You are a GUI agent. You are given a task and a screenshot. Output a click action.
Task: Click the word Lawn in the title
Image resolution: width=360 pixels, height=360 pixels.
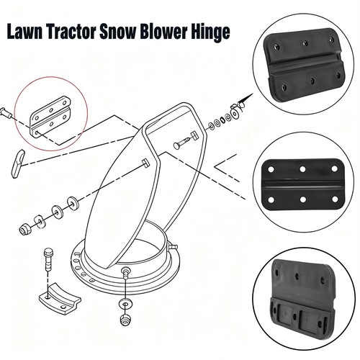coord(24,32)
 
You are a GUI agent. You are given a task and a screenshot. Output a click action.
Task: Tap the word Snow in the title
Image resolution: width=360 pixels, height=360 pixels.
coord(118,32)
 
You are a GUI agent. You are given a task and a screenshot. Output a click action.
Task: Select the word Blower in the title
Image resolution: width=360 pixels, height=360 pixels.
coord(163,32)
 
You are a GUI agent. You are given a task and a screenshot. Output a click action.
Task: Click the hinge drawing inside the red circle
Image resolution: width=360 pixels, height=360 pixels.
coord(50,117)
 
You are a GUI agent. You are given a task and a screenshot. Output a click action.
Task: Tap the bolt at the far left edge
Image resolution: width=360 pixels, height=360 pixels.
coord(6,113)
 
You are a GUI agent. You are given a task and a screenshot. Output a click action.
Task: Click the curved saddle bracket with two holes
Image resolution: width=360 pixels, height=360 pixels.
coord(60,298)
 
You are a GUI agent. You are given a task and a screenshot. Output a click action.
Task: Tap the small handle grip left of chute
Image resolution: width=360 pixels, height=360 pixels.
coord(18,163)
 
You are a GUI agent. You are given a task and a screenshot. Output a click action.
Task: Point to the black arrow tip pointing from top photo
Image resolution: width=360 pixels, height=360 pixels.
coord(253,94)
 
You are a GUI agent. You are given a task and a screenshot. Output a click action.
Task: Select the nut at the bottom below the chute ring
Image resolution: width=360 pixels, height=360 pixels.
coord(126,319)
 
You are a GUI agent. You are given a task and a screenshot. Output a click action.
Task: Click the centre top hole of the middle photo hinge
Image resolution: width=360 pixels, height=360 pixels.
coord(302,169)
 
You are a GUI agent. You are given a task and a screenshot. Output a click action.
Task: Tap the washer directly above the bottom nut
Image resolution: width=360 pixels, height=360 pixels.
coord(125,304)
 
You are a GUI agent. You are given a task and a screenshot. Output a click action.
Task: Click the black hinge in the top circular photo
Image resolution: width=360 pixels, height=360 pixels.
coord(304,65)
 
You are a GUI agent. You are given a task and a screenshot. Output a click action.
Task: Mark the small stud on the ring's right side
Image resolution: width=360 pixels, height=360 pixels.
coord(174,246)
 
